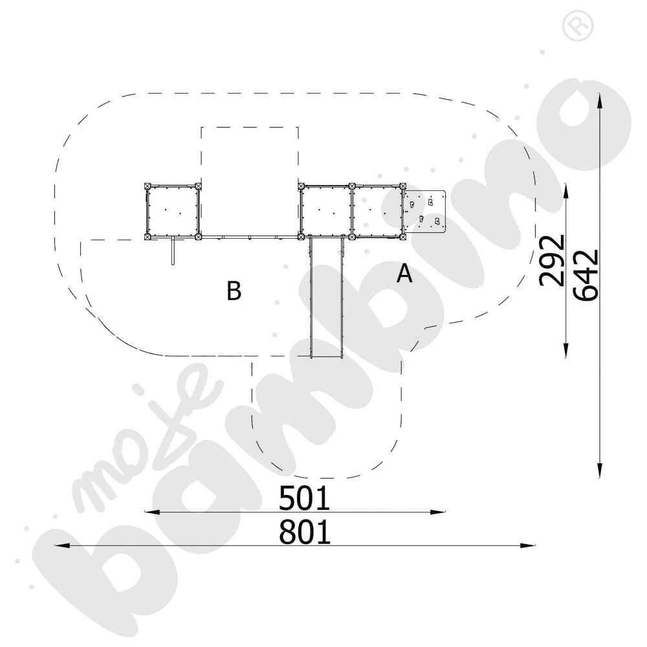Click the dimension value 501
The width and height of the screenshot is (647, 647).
point(304,498)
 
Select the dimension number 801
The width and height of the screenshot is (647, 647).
point(304,532)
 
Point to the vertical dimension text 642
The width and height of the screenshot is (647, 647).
point(586,274)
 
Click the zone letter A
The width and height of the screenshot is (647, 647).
point(404,274)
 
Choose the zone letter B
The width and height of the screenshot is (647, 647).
point(234,291)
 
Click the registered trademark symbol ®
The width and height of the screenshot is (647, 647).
point(572,26)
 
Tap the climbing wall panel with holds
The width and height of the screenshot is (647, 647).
point(424,211)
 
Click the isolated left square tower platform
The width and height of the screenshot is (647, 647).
point(173,212)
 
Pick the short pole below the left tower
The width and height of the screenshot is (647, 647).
point(172,251)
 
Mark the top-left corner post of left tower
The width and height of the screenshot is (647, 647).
point(148,186)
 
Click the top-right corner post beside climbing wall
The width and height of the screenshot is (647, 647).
point(402,186)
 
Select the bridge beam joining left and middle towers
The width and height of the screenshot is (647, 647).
point(249,237)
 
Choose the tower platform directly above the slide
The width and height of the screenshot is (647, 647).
point(326,212)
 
